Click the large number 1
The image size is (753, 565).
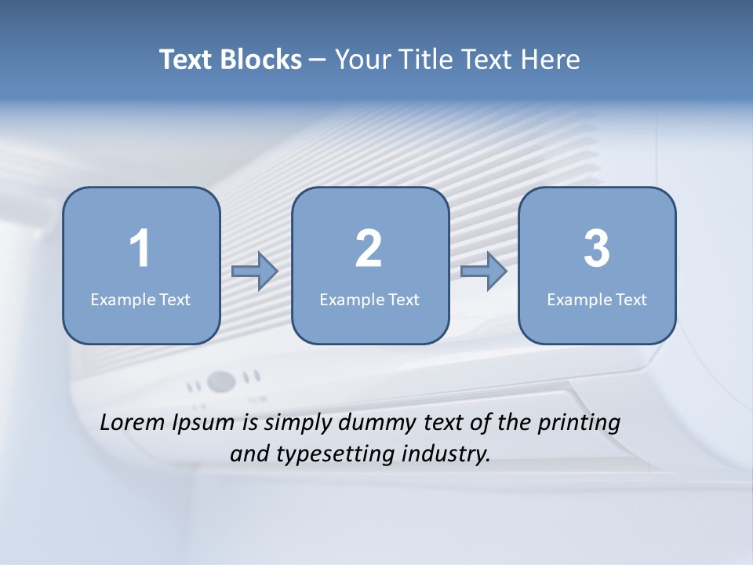pyautogui.click(x=140, y=249)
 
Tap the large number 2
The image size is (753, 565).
pyautogui.click(x=369, y=249)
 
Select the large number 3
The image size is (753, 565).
pyautogui.click(x=597, y=249)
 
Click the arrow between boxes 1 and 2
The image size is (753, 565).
pyautogui.click(x=255, y=272)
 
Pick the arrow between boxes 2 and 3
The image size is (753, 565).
pyautogui.click(x=484, y=272)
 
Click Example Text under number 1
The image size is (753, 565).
pyautogui.click(x=140, y=299)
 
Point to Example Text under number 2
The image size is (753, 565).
pyautogui.click(x=369, y=299)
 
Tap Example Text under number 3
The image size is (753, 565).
pyautogui.click(x=597, y=299)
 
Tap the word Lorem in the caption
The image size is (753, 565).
pyautogui.click(x=133, y=422)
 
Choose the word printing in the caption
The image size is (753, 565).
pyautogui.click(x=578, y=424)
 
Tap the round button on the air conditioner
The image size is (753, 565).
pyautogui.click(x=222, y=382)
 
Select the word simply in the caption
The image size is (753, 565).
pyautogui.click(x=298, y=424)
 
